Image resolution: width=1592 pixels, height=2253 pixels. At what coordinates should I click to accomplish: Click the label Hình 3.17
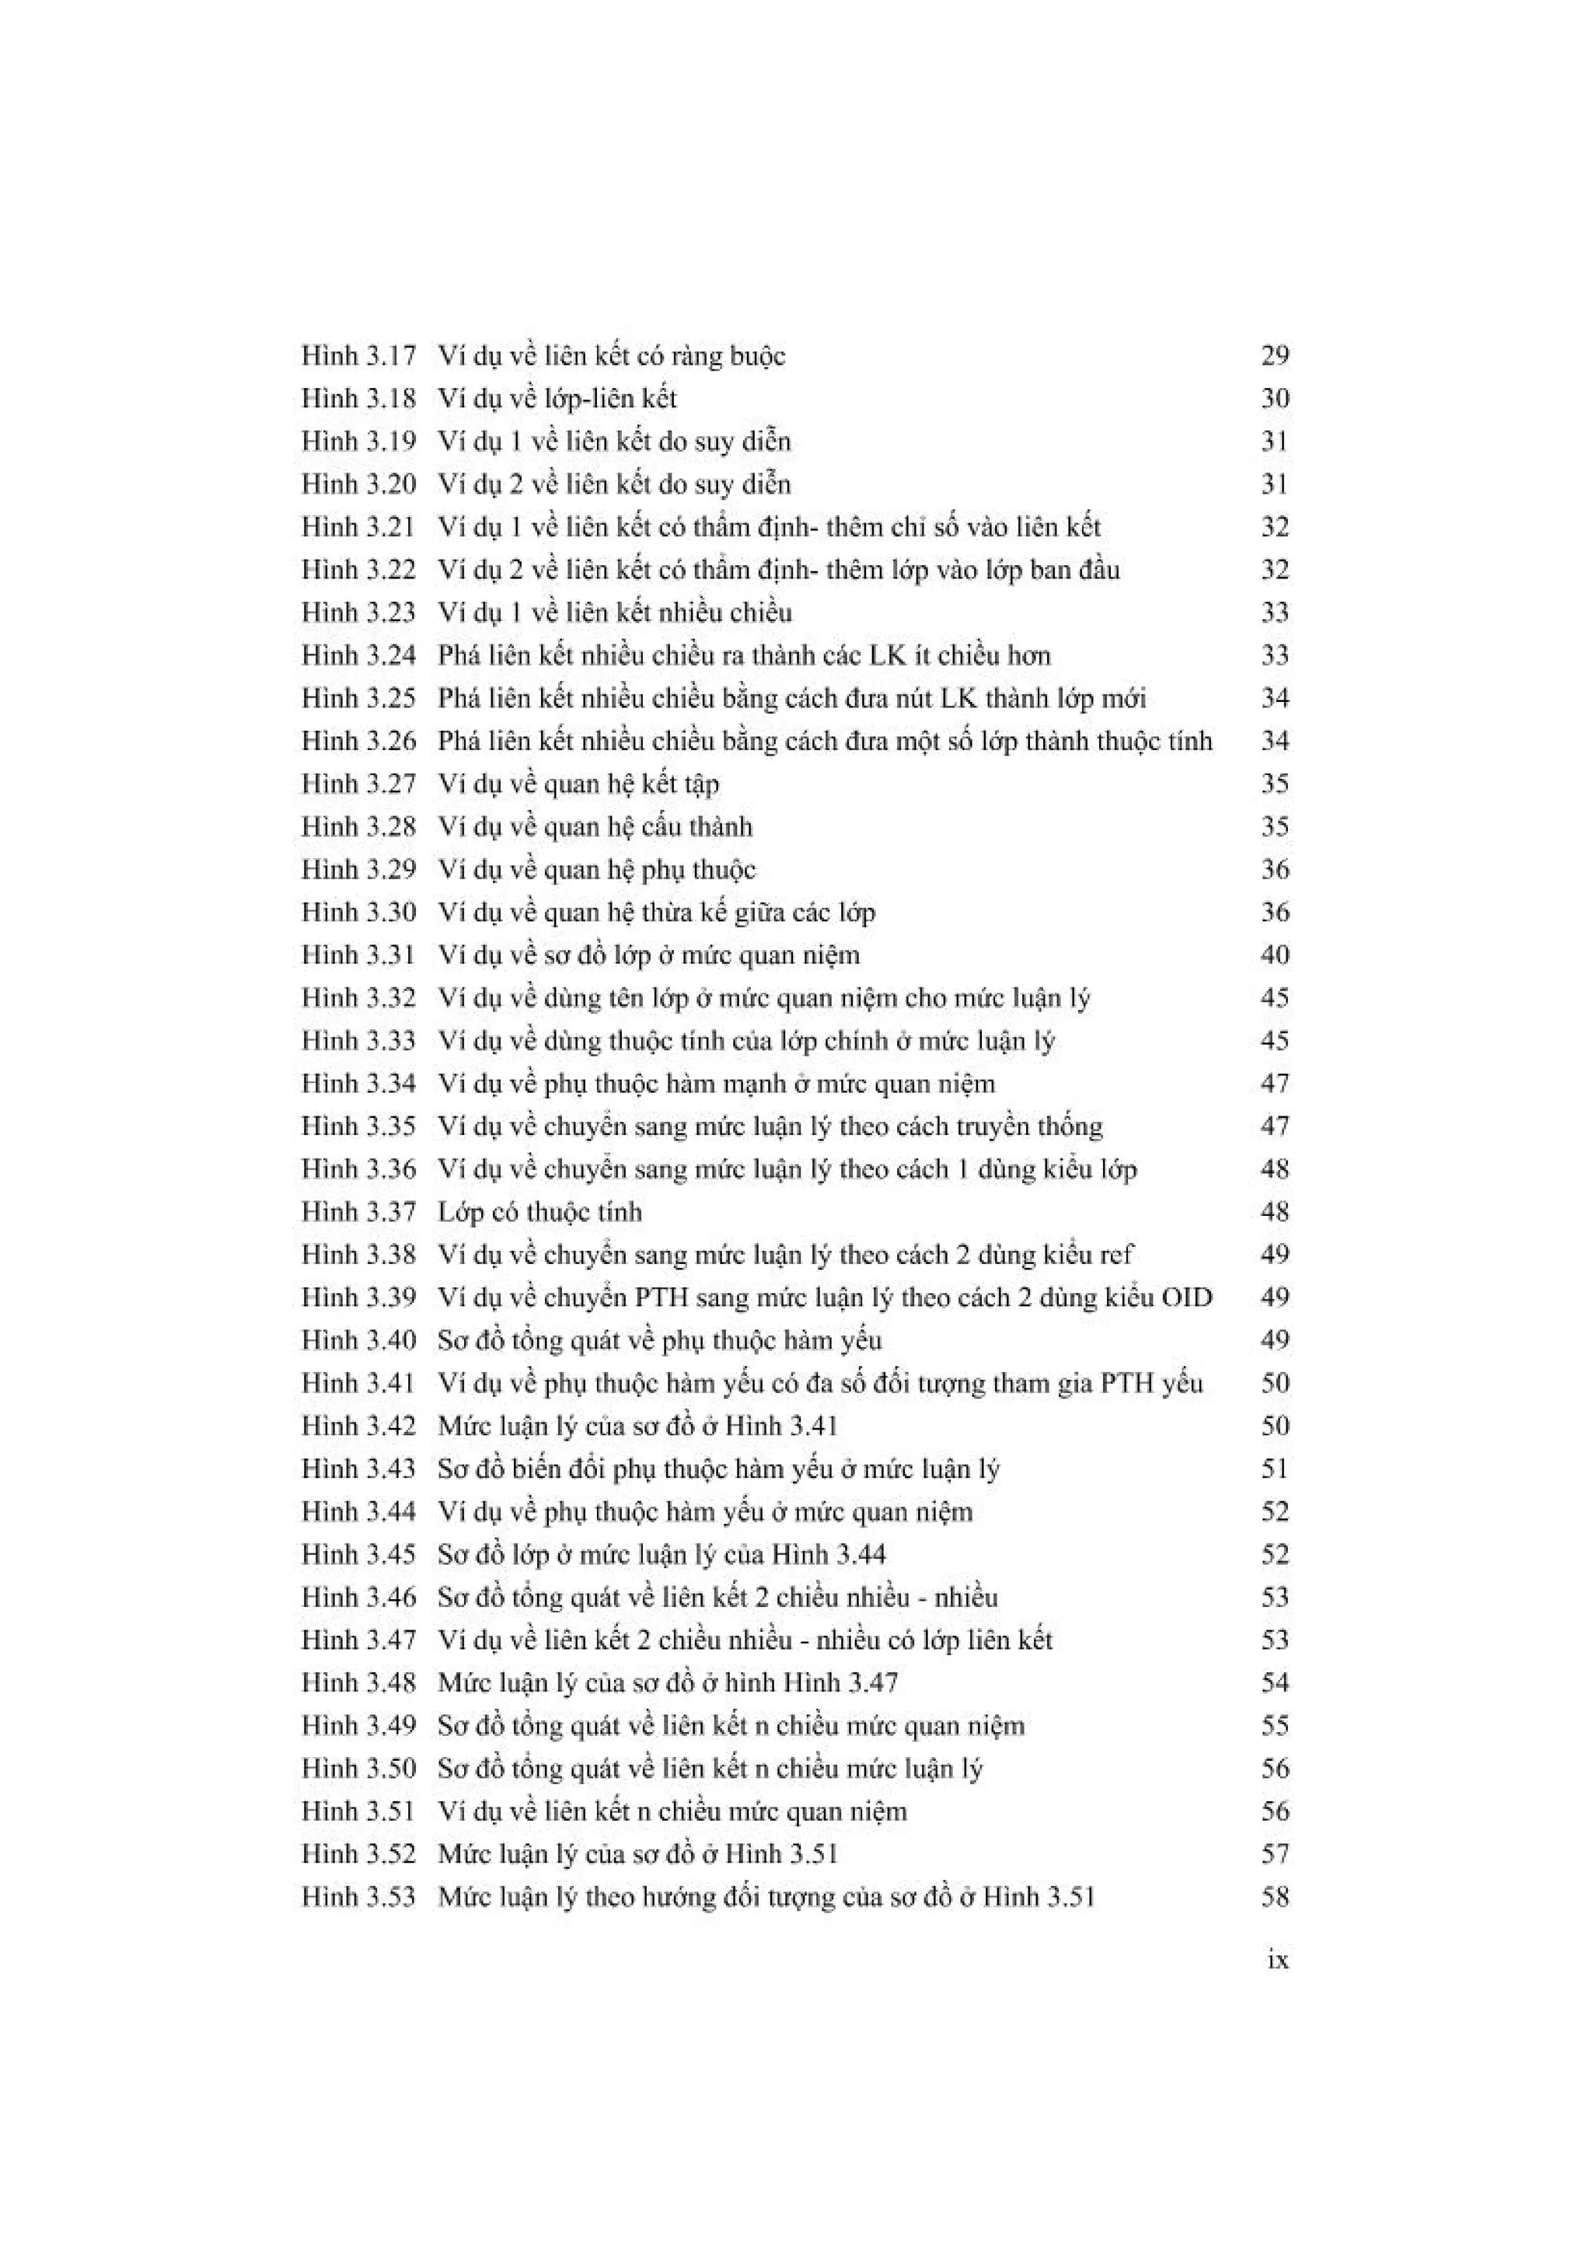358,355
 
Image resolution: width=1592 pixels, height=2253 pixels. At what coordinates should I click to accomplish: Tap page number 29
1274,355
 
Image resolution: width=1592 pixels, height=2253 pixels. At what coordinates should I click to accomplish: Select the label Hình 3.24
358,655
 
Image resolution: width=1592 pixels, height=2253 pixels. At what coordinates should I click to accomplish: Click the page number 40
1274,955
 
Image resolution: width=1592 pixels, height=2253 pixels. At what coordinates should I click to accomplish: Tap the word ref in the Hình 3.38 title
1116,1254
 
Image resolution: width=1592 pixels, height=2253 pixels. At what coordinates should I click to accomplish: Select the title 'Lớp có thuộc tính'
539,1212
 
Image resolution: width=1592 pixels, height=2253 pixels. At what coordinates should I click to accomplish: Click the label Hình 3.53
358,1897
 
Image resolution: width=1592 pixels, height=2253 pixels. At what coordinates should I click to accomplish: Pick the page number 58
1274,1897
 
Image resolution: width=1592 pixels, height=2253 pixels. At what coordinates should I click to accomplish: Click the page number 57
1274,1853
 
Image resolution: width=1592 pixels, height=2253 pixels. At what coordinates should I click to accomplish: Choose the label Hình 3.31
358,955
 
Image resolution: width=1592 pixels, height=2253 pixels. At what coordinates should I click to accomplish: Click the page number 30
1274,398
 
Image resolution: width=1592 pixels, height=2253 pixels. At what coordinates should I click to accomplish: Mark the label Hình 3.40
358,1340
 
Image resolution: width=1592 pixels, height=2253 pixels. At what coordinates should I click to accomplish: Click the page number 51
1274,1469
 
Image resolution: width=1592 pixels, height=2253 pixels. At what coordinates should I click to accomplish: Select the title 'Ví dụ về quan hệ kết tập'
578,784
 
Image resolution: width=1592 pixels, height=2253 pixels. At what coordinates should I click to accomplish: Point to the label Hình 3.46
358,1598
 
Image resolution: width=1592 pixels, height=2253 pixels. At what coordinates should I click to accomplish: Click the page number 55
1274,1726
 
